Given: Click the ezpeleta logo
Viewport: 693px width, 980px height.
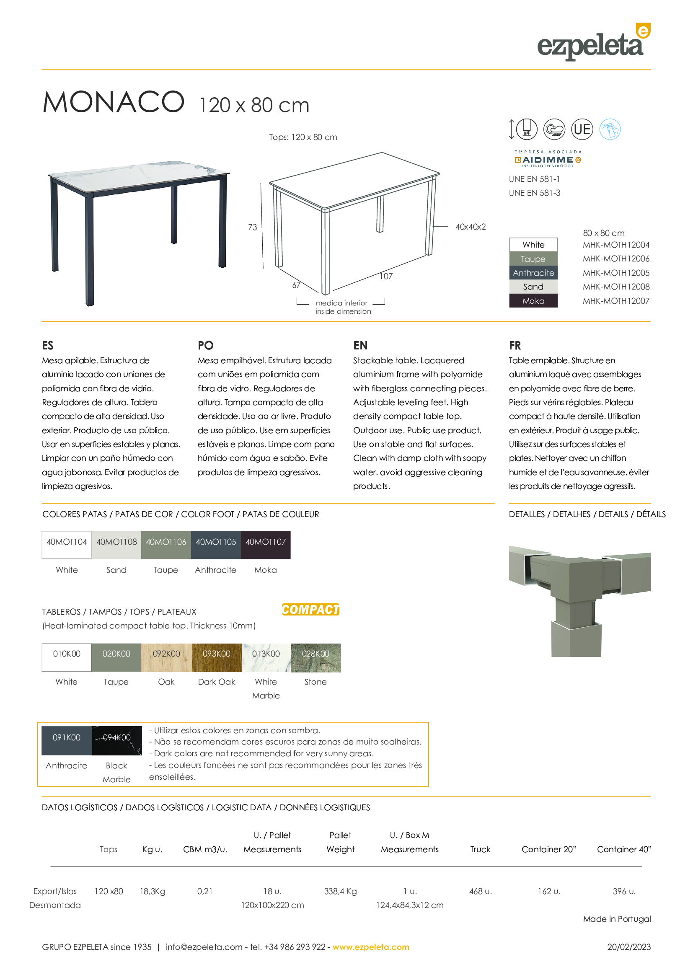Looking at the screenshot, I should coord(593,43).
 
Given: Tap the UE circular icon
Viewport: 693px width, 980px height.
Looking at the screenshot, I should coord(582,129).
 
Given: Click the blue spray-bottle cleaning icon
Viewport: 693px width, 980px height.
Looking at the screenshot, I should coord(609,129).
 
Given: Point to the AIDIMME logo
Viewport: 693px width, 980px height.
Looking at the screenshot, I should coord(548,159).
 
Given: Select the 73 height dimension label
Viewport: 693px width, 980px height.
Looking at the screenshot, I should coord(253,227).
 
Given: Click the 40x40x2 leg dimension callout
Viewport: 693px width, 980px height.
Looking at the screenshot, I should coord(470,227).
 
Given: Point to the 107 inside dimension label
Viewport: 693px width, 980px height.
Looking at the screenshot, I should coord(386,276).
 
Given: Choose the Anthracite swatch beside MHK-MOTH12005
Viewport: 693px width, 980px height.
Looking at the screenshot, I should coord(533,273).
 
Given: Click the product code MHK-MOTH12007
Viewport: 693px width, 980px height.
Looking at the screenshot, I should coord(616,301).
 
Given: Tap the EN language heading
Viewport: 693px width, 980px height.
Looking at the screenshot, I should coord(360,345).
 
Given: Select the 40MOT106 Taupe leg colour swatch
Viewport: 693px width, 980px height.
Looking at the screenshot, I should coord(166,545).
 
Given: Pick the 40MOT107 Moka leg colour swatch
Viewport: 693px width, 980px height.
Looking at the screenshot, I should coord(265,545).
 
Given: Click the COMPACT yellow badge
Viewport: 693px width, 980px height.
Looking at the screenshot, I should coord(310,610).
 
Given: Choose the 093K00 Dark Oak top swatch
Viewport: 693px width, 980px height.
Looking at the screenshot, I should coord(216,657).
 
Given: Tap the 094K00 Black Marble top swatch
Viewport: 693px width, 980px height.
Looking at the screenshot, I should coord(116,740).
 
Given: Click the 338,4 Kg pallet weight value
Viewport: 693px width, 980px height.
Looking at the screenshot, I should coord(340,891).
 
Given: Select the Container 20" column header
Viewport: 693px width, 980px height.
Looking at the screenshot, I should coord(549,849).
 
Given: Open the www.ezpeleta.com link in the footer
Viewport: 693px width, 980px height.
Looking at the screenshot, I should coord(371,947).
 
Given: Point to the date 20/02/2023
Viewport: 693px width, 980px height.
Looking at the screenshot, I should coord(629,947).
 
